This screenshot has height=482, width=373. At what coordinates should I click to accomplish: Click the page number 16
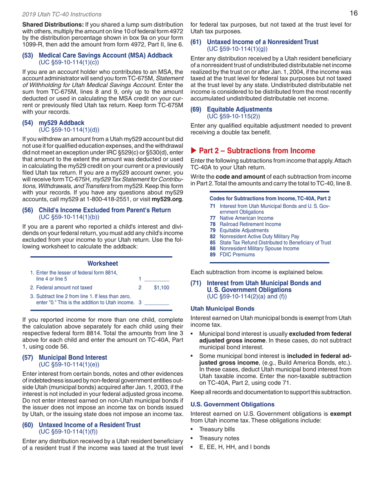coord(353,14)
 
